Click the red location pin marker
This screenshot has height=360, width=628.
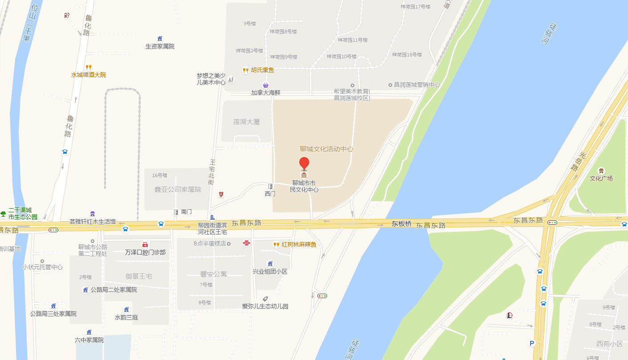click(x=304, y=163)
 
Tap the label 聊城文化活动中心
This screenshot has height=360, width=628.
click(x=326, y=149)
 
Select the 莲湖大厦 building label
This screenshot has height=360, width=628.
click(x=247, y=122)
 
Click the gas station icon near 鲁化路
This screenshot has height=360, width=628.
click(x=67, y=15)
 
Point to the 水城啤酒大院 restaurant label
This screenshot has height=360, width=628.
click(x=89, y=75)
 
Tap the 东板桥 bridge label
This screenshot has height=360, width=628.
click(x=401, y=224)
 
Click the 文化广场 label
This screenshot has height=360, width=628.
click(x=601, y=178)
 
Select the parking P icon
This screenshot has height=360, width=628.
click(x=531, y=343)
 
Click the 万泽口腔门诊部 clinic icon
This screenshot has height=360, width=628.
click(x=145, y=244)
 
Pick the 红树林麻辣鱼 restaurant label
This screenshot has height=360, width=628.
click(x=299, y=244)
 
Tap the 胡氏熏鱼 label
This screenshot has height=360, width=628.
click(x=262, y=70)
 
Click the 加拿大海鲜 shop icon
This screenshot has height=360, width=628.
click(x=266, y=85)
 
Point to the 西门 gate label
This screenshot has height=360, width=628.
click(x=270, y=194)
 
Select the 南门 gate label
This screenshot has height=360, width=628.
click(x=186, y=212)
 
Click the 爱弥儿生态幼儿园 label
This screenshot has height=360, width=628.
click(x=265, y=306)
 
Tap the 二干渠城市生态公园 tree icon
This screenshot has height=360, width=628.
click(x=3, y=214)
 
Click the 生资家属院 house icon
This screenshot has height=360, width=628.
click(x=160, y=38)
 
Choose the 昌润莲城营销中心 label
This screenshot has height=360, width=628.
click(x=417, y=85)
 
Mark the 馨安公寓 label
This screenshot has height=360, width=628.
click(x=214, y=274)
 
